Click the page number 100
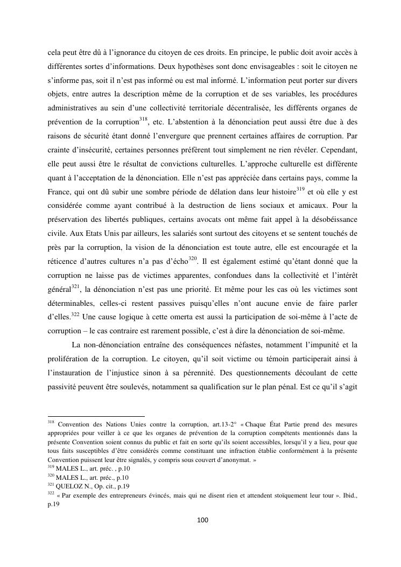[x=200, y=520]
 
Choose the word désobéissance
[x=329, y=220]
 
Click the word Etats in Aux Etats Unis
[x=81, y=234]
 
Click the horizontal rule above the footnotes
[x=88, y=416]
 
